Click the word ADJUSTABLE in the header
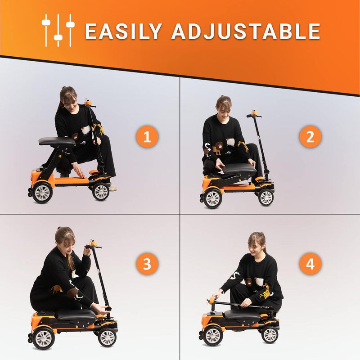click(246, 31)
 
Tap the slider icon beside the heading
click(58, 30)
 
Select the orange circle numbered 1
click(147, 136)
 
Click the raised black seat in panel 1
click(57, 141)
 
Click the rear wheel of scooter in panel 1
click(42, 192)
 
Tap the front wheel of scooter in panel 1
click(101, 191)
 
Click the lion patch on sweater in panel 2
click(218, 148)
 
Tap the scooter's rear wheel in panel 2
click(212, 198)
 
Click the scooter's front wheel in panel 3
click(107, 337)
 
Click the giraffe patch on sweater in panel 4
click(265, 291)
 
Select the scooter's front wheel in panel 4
click(270, 334)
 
